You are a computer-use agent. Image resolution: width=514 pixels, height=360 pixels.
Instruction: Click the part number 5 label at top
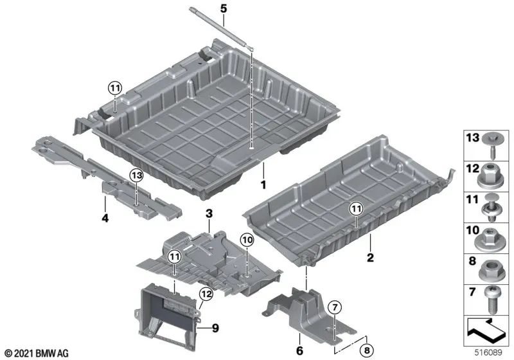pos(223,9)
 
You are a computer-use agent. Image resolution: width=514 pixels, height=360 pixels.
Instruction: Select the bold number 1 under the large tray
pos(263,185)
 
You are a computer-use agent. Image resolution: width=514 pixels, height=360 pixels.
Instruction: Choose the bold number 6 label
pos(299,350)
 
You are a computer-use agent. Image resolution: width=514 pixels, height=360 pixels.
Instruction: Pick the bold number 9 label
pos(215,328)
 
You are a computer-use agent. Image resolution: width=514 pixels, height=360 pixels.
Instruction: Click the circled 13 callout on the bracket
pos(136,175)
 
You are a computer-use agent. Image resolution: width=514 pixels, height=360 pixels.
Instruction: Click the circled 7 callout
pos(335,307)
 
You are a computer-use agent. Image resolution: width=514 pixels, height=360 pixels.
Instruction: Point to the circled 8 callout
pos(367,350)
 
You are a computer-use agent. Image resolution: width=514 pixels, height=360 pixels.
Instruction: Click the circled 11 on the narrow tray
pos(357,208)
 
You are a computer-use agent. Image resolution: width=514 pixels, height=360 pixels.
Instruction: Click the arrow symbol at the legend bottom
pos(486,328)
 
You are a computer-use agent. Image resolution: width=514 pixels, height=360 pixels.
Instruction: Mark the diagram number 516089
pos(488,353)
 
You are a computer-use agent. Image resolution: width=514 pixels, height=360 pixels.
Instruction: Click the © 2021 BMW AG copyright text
pos(37,354)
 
